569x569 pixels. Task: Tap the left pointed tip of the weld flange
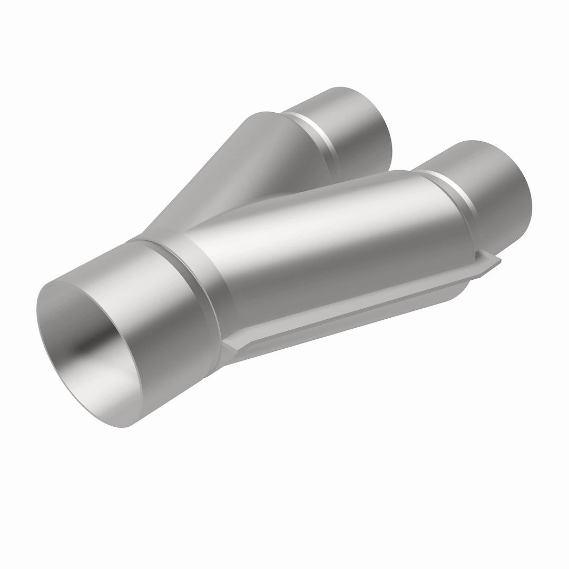pos(224,345)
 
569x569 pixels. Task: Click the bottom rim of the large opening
pos(126,421)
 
